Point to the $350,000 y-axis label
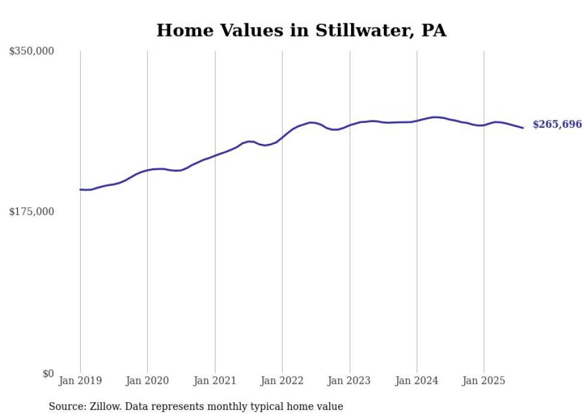[x=32, y=52]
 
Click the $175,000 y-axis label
[x=32, y=212]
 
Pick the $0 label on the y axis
[x=48, y=373]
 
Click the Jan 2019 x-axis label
[x=80, y=381]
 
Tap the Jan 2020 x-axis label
[x=147, y=381]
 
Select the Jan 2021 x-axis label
[x=215, y=381]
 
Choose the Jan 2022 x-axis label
[x=282, y=381]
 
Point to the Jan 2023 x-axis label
[x=350, y=381]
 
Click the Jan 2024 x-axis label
[x=417, y=381]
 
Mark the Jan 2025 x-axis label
[x=484, y=381]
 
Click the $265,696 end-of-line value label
[x=557, y=125]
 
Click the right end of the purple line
[x=523, y=128]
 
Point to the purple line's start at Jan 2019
[x=80, y=189]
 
